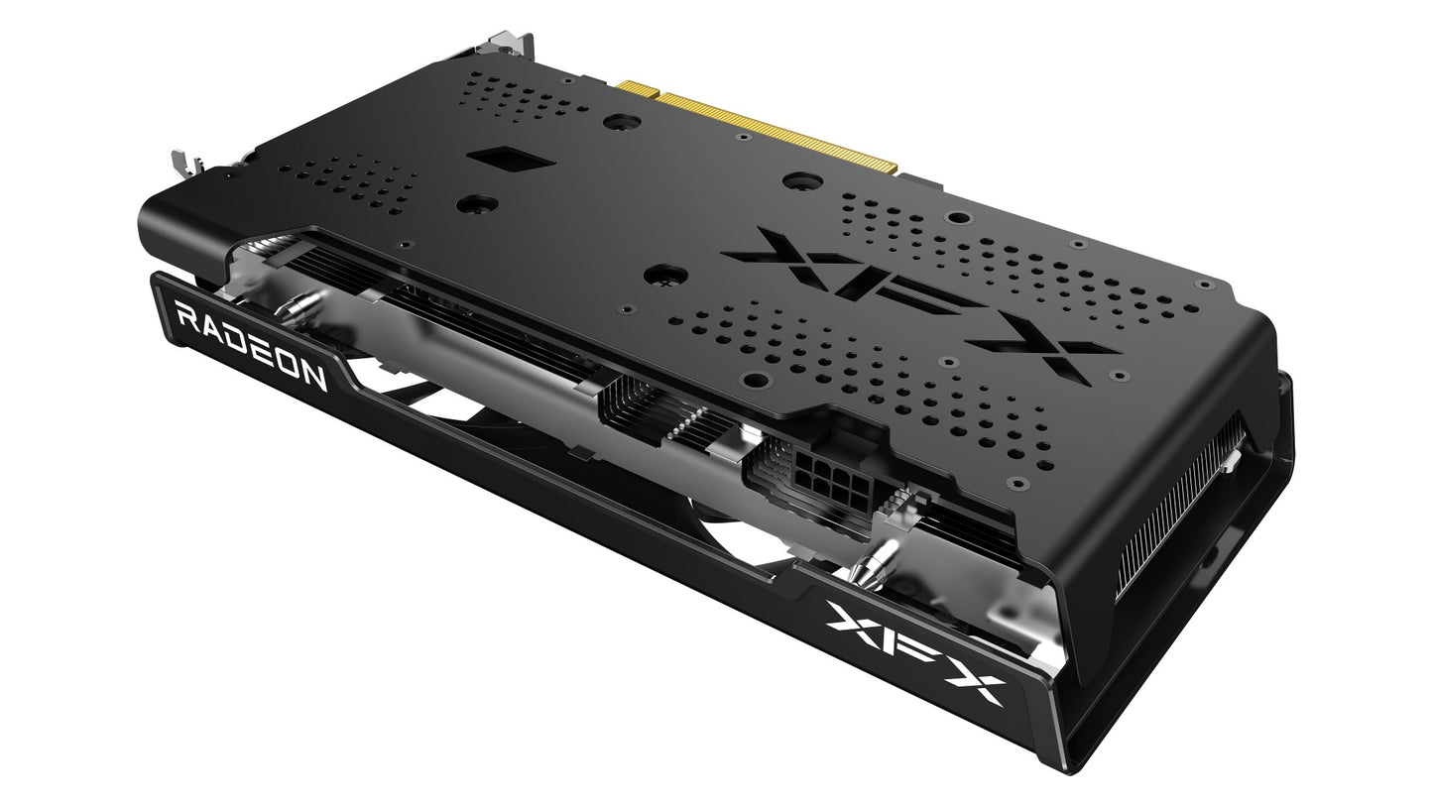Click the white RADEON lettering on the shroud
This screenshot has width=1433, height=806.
[251, 348]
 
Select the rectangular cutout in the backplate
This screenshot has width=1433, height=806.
[509, 160]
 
